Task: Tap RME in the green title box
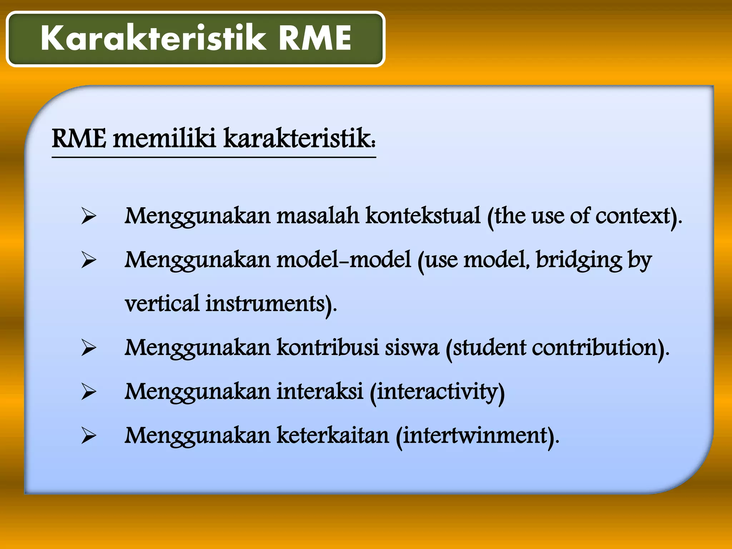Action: point(315,38)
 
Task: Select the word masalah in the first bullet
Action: point(317,216)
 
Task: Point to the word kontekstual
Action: point(423,216)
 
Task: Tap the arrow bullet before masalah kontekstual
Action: point(88,216)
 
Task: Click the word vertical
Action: point(162,304)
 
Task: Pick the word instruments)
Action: point(271,304)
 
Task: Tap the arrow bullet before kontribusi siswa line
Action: point(88,348)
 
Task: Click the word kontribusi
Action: point(327,347)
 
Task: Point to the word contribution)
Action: point(600,347)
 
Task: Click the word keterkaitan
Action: point(332,435)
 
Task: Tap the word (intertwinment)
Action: point(477,436)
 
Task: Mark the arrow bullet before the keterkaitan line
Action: point(88,436)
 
